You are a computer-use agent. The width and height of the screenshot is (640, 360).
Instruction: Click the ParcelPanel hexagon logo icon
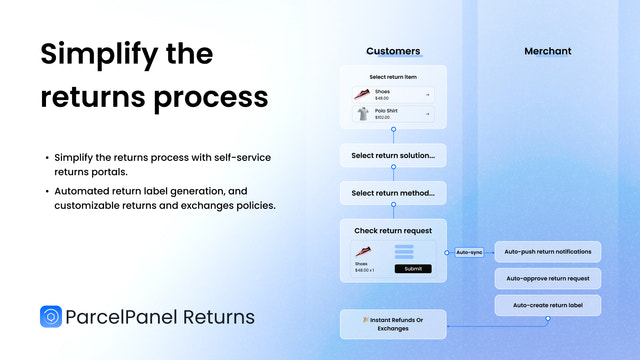51,317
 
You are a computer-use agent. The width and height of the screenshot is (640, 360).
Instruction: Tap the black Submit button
413,268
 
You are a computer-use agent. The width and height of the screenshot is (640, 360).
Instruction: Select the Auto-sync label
469,252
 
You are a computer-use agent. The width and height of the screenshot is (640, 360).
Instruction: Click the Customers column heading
393,51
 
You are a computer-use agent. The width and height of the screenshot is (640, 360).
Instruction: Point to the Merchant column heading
548,51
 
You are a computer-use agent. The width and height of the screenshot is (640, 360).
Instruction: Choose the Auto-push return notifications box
548,252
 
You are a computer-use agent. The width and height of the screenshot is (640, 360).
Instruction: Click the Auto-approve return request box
548,278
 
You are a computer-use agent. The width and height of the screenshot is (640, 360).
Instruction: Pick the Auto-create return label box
548,305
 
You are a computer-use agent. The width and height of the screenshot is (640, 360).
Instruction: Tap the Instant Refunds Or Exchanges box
392,324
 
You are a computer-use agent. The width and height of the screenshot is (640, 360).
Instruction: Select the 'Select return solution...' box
392,157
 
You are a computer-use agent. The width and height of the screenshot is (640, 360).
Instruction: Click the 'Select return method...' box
392,193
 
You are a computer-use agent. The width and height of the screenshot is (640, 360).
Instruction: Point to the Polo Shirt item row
392,115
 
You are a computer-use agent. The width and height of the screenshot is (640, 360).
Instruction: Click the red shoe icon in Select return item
362,94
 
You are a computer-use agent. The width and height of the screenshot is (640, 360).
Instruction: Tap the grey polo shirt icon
362,115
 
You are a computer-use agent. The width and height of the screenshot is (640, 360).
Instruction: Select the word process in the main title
214,98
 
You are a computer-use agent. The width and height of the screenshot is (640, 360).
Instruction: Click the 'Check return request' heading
392,231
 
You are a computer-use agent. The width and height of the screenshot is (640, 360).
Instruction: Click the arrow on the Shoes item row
427,95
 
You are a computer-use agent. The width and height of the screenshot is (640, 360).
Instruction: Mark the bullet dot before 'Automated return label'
46,191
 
